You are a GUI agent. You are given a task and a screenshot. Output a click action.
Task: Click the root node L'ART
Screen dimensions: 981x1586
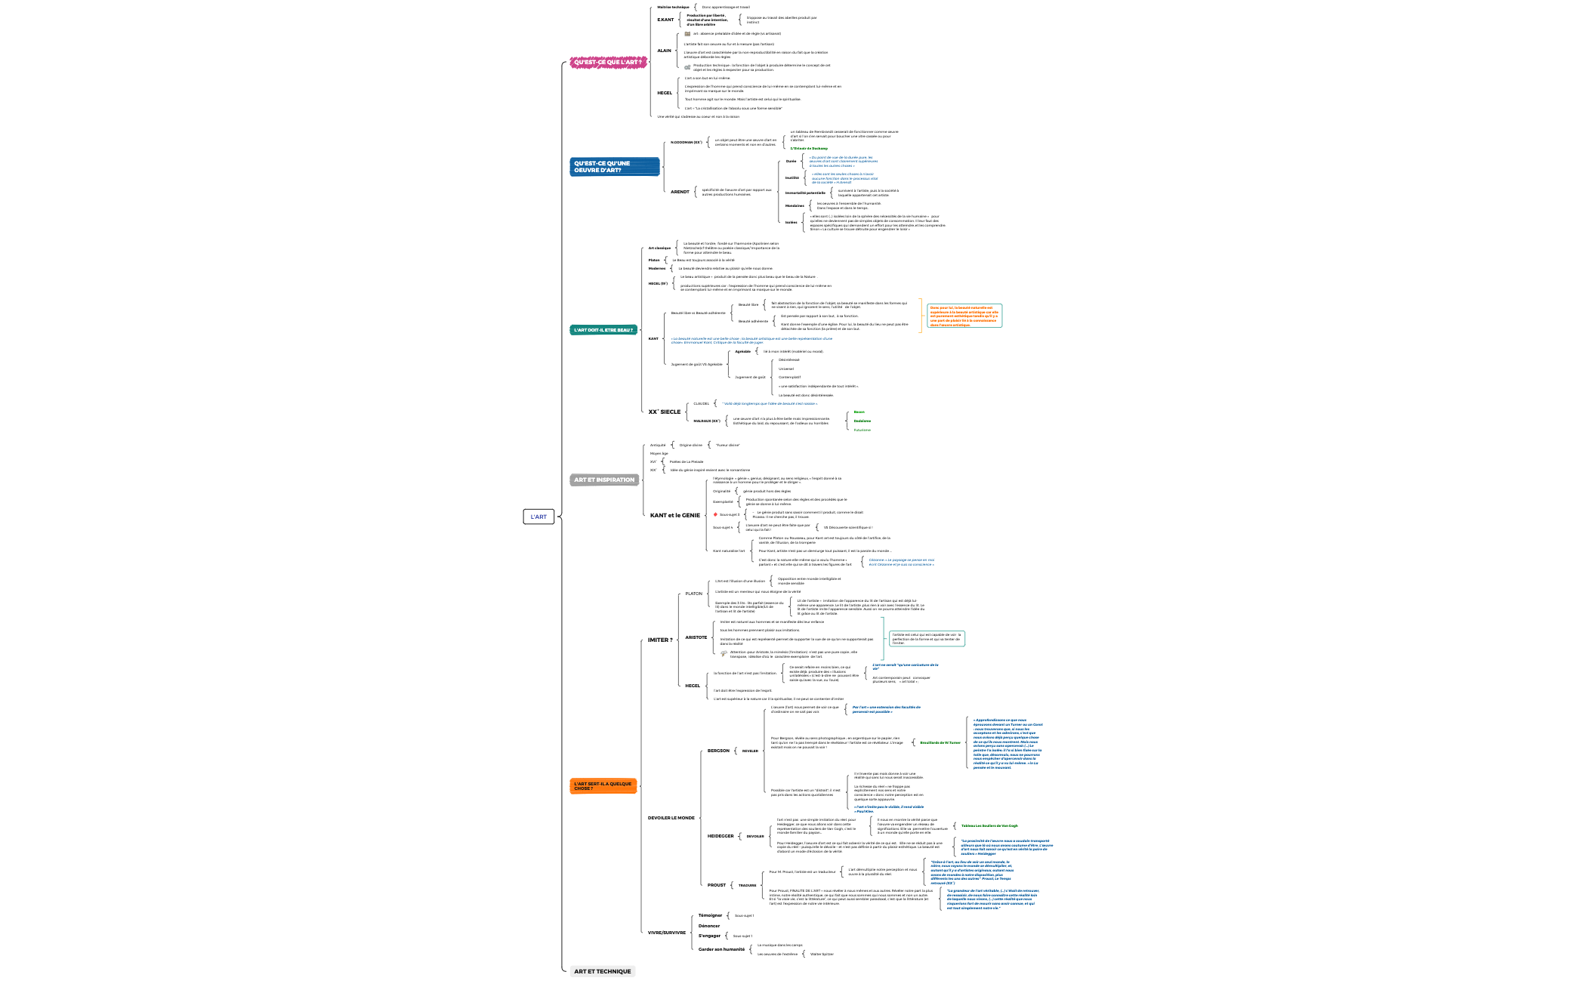click(538, 517)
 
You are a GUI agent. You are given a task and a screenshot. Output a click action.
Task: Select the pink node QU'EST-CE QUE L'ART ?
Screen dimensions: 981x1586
click(608, 63)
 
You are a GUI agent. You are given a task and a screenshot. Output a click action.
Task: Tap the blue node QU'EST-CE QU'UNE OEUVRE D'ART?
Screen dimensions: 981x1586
click(614, 167)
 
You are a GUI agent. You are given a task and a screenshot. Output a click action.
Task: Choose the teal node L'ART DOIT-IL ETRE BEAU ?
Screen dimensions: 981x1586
click(603, 330)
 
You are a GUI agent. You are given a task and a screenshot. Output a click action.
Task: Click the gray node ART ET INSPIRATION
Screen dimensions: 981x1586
click(604, 480)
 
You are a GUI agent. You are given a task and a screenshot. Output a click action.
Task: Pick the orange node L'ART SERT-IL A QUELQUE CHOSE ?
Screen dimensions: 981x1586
click(603, 786)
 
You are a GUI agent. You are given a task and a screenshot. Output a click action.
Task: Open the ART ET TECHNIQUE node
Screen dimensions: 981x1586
click(602, 971)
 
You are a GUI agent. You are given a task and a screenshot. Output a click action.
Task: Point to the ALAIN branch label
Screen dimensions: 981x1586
click(664, 51)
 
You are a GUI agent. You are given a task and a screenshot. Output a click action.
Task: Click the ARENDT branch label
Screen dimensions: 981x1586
click(680, 192)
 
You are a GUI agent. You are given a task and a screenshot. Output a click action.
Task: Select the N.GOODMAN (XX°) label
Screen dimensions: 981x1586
click(686, 142)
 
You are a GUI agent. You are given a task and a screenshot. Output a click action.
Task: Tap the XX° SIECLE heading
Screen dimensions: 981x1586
click(664, 412)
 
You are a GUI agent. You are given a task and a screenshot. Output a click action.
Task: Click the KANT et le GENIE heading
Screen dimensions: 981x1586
click(674, 515)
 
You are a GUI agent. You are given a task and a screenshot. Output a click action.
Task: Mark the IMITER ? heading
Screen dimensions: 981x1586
click(659, 640)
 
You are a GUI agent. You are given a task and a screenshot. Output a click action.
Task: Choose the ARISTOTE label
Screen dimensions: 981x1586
click(696, 637)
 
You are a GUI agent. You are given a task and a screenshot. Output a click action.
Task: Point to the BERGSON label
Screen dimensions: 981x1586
click(718, 751)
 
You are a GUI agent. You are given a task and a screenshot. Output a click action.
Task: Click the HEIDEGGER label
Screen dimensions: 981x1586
click(720, 836)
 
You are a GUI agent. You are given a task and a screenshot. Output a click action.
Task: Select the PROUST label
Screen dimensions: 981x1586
click(716, 885)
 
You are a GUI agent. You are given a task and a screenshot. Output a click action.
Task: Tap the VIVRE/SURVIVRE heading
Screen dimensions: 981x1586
click(666, 932)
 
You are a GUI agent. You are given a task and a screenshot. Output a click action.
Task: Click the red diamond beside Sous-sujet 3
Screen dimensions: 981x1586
click(715, 514)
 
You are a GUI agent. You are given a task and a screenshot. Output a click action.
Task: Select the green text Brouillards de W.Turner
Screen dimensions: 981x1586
click(940, 742)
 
